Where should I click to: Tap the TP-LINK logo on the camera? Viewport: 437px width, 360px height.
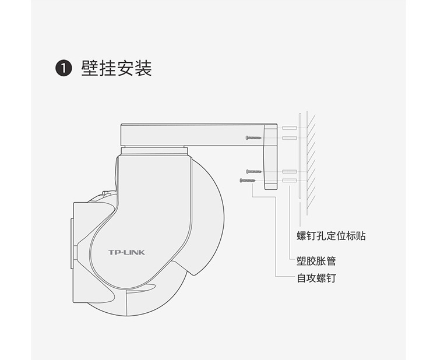126,252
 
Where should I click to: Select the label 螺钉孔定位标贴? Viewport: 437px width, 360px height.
331,236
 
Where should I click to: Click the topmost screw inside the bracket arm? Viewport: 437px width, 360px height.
253,137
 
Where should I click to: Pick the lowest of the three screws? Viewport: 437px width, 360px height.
247,181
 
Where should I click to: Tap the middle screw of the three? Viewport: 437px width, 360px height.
253,171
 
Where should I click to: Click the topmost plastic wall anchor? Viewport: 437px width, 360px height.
289,128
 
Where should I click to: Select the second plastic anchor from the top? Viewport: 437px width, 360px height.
289,137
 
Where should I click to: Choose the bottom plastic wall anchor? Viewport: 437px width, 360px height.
289,181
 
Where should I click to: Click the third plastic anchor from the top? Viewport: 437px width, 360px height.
289,171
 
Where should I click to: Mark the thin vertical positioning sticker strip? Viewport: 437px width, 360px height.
299,163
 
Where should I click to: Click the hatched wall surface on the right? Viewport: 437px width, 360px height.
311,163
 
